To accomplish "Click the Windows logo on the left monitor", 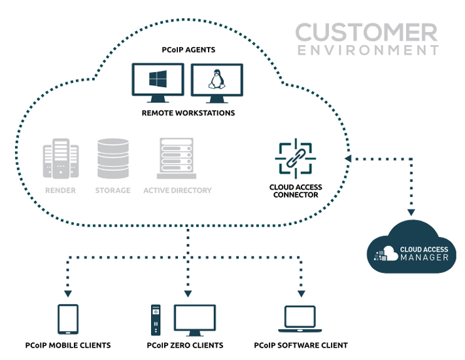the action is coord(158,79).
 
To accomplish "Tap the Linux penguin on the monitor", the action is coord(216,79).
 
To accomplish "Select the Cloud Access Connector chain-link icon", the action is coord(296,158).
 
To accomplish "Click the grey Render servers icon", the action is coord(61,159).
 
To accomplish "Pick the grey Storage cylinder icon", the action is coord(113,158).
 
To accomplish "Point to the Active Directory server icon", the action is coord(177,158).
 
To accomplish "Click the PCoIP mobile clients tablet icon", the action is coord(68,319).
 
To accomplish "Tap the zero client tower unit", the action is coord(156,320).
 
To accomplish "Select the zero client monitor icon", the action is coord(194,320).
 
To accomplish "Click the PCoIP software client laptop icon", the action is coord(300,319).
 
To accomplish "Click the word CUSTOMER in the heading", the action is coord(366,32).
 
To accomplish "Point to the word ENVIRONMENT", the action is coord(368,50).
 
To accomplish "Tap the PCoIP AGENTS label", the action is coord(188,50).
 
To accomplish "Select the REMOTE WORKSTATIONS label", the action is coord(188,113).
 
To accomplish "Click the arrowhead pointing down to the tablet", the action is coord(68,293).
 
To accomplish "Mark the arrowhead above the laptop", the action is coord(301,293).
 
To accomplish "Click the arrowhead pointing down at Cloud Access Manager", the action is coord(411,212).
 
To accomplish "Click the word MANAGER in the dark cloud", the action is coord(424,257).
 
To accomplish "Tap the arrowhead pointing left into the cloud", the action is coord(348,159).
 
